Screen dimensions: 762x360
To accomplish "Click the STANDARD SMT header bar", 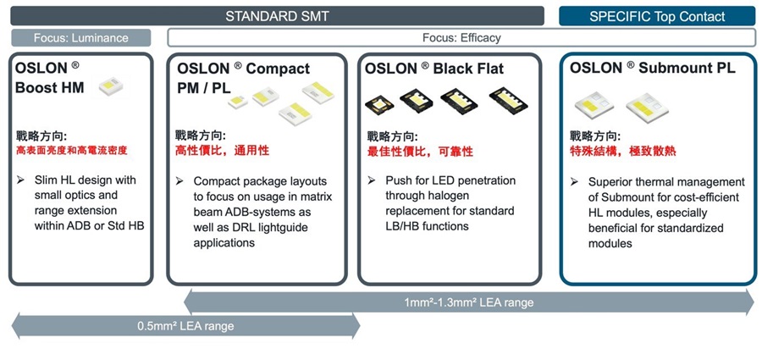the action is (277, 16).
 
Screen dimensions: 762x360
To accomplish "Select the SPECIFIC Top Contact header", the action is (657, 16).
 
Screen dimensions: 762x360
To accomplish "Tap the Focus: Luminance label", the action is (81, 38).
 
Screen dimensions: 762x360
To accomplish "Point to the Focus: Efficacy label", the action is (461, 37).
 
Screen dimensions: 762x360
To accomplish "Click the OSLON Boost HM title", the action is (50, 77).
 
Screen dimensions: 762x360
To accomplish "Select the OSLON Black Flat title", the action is (434, 68).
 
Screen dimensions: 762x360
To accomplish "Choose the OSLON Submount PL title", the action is (652, 68).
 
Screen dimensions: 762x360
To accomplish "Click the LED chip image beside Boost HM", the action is (110, 86).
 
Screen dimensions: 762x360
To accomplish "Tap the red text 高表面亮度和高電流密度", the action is (71, 151).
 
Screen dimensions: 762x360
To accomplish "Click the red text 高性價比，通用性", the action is (222, 151).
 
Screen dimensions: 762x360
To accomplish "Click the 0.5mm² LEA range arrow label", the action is (185, 326).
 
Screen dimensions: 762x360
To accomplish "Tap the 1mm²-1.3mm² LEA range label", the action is (468, 302).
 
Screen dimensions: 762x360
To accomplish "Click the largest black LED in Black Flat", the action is (508, 100).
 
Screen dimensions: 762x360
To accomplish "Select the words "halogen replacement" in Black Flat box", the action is (450, 203).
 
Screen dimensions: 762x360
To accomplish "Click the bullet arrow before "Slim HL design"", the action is (20, 180).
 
